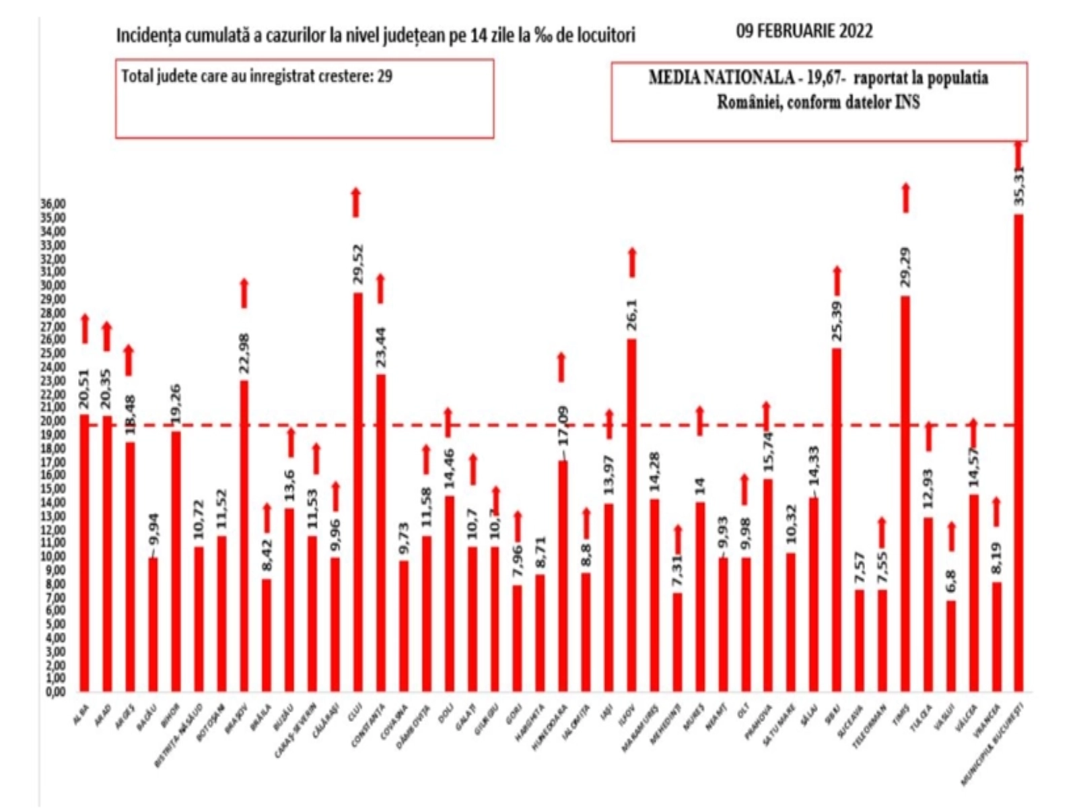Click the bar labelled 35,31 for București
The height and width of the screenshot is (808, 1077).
click(1019, 451)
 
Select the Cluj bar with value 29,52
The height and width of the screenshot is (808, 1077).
click(357, 492)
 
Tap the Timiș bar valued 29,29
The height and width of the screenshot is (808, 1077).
click(905, 492)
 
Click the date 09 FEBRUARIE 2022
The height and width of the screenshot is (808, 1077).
click(804, 31)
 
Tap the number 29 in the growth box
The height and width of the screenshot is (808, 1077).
click(385, 76)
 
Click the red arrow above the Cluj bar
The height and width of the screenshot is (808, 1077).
click(356, 202)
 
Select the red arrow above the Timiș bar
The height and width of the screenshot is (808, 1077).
click(905, 198)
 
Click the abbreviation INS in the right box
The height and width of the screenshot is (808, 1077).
click(909, 103)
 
